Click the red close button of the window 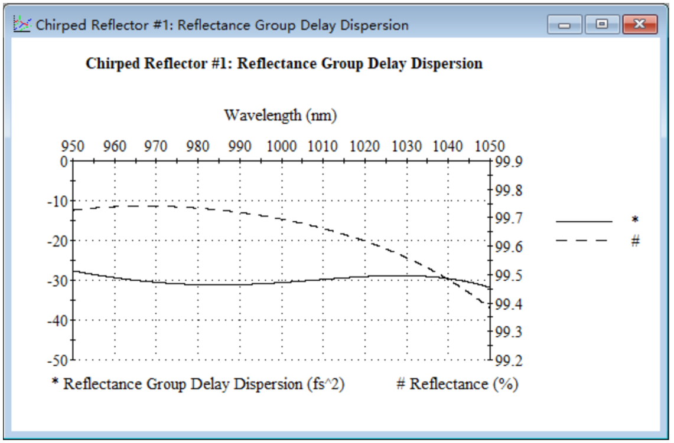[x=640, y=25]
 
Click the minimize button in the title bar [x=565, y=25]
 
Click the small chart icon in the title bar [x=22, y=24]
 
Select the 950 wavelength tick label [x=73, y=146]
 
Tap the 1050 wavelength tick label [x=490, y=146]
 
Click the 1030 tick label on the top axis [x=406, y=146]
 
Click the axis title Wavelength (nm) [x=280, y=115]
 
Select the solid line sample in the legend [x=584, y=221]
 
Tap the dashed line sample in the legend [x=584, y=241]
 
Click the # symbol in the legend [x=635, y=241]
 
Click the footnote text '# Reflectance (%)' [x=457, y=384]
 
